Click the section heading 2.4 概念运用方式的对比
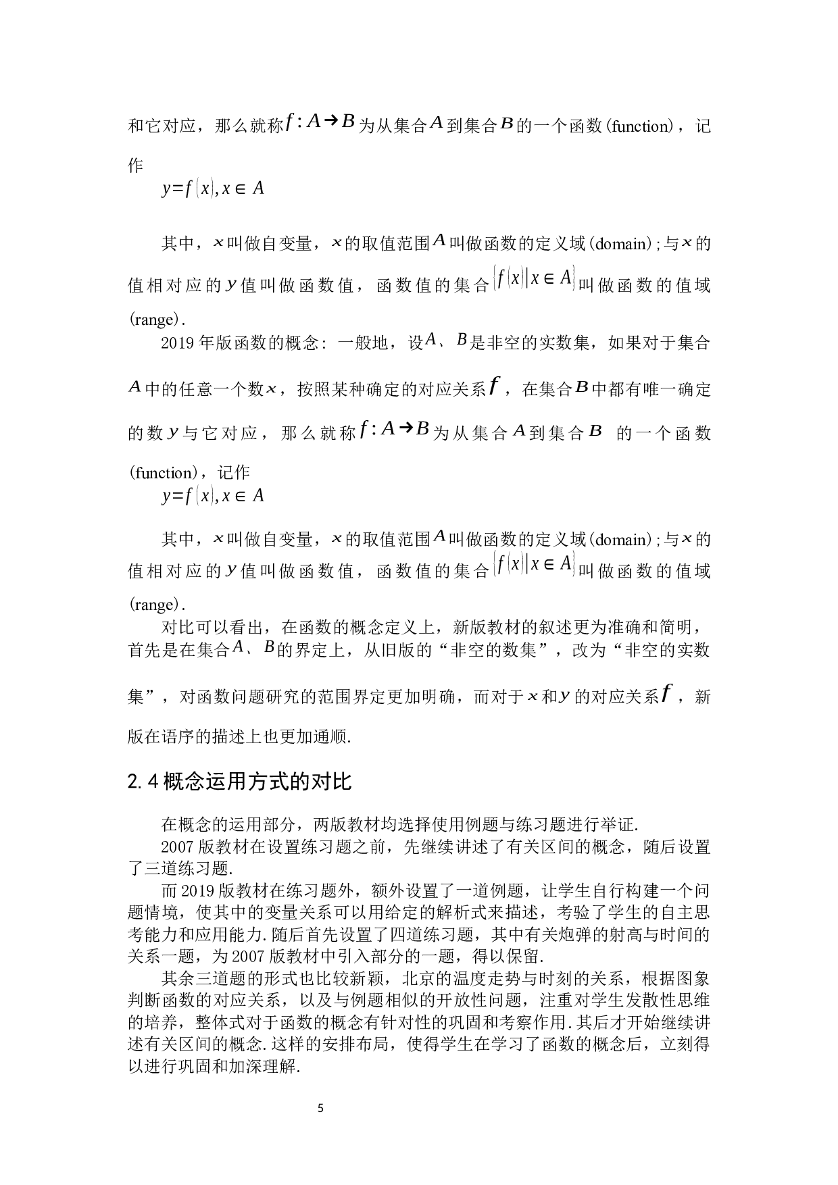[239, 782]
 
